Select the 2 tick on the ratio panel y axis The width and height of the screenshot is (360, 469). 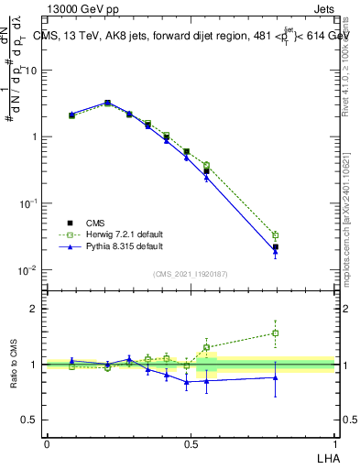click(x=34, y=309)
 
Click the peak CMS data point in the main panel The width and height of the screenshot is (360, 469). click(x=107, y=104)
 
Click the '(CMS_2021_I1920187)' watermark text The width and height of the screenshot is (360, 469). click(x=191, y=273)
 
